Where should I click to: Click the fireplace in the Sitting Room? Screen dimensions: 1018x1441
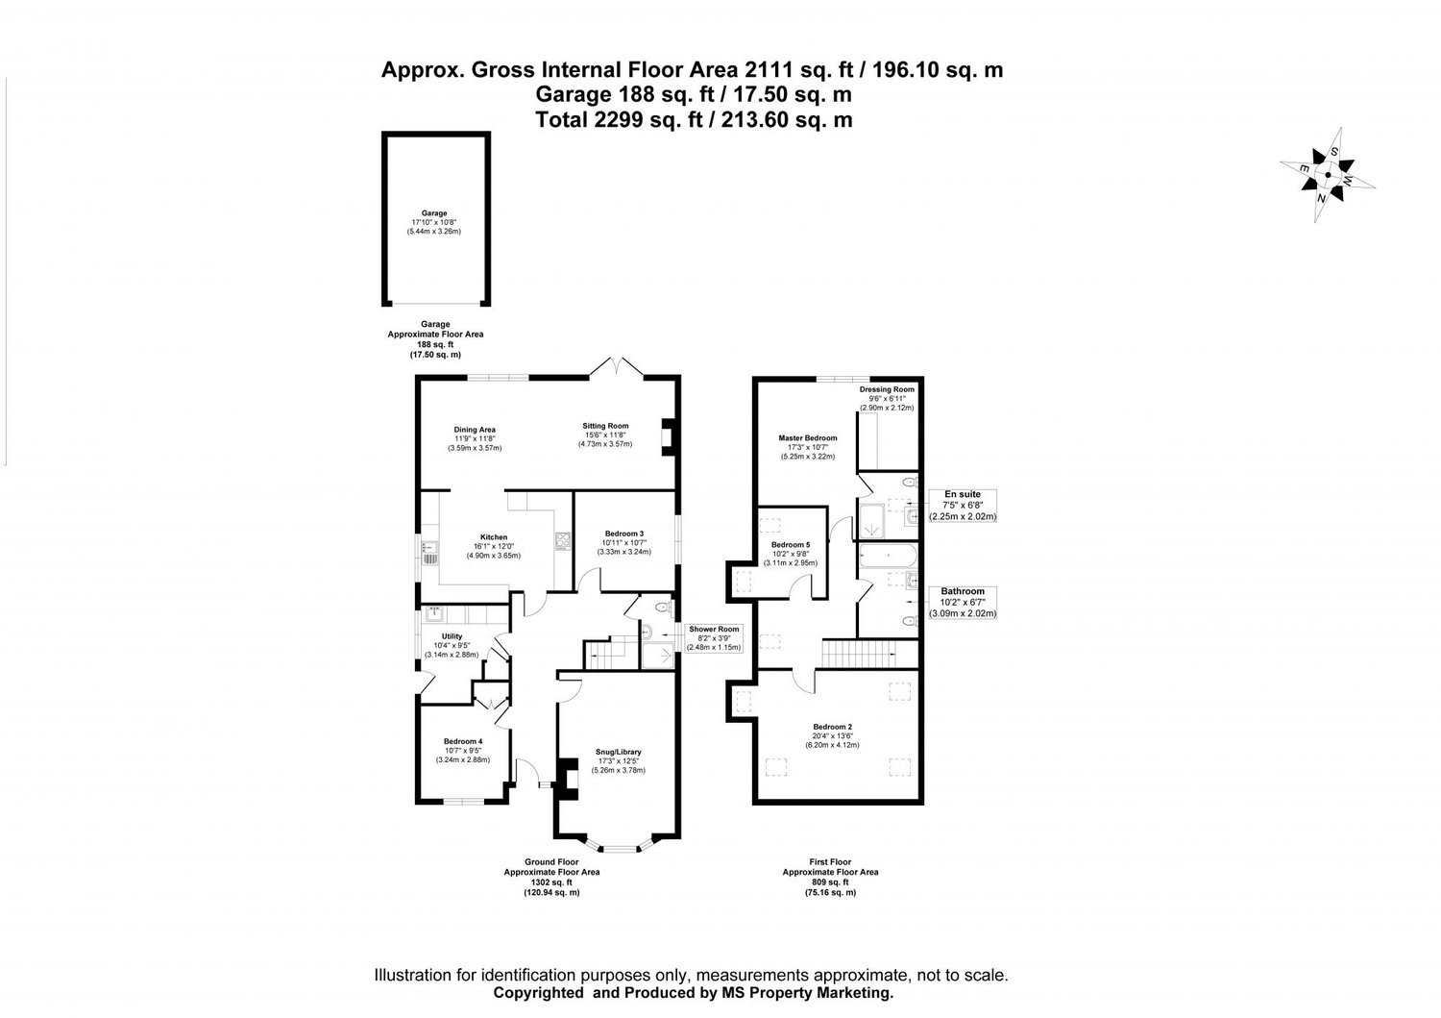[x=668, y=436]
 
